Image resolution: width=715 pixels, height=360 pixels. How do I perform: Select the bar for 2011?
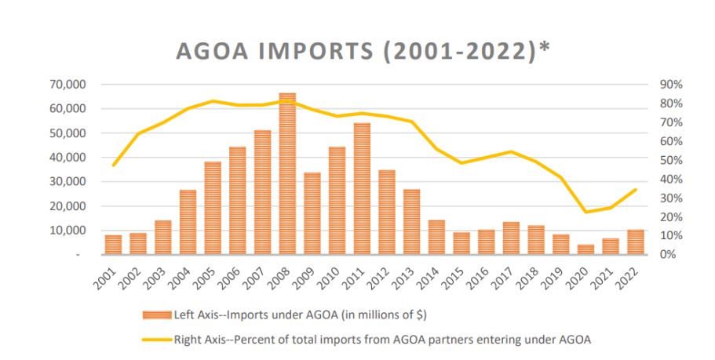[362, 189]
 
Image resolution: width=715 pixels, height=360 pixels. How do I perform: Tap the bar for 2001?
[113, 245]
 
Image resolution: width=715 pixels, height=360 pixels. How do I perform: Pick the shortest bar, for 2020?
[585, 249]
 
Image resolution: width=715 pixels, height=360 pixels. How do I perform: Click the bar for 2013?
[411, 222]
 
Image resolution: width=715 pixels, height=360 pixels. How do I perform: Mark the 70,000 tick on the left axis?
[68, 85]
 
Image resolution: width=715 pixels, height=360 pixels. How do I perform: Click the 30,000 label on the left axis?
[68, 182]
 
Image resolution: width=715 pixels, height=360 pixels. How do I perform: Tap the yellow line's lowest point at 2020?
[585, 212]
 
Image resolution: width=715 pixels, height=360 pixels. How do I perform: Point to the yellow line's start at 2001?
[113, 165]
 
